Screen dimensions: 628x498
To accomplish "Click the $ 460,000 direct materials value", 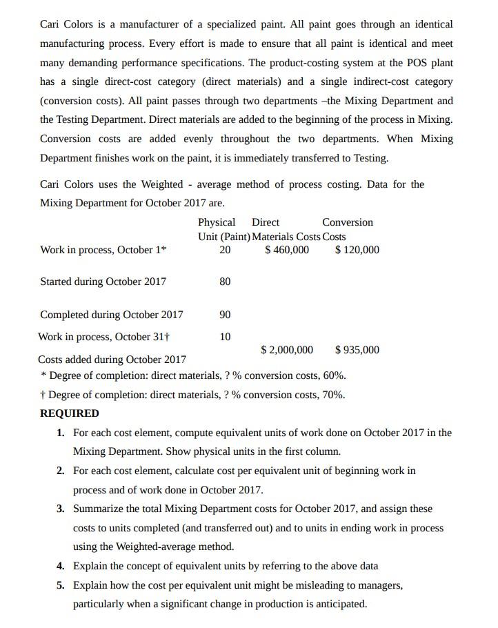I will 287,250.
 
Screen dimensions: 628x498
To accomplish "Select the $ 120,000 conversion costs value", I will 357,250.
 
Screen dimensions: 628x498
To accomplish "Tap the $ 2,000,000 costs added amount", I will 287,350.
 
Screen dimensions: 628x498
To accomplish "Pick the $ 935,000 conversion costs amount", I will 357,350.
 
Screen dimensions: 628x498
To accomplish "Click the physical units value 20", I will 225,250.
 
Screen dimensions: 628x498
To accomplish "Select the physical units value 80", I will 225,282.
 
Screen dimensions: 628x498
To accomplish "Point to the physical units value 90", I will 225,315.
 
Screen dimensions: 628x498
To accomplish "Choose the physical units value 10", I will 225,337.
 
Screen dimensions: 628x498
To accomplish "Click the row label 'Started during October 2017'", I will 103,282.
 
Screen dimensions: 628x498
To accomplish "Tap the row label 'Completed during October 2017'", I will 112,315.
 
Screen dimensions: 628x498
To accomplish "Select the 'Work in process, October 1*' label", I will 103,250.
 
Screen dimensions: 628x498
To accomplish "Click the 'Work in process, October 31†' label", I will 104,337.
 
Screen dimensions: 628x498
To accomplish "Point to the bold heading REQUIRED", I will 69,413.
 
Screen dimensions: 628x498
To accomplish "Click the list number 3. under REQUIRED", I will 61,509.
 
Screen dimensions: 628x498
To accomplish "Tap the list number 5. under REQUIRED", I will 61,585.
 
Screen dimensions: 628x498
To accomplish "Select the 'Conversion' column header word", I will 347,222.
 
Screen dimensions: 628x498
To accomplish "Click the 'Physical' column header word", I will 216,222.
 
